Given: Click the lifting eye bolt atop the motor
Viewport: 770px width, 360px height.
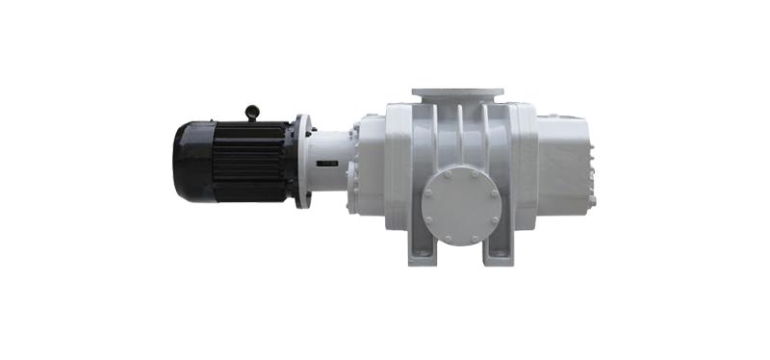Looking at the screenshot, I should tap(253, 113).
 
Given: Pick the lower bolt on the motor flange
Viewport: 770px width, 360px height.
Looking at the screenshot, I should tap(305, 199).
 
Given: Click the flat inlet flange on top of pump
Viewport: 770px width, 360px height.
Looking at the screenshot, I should tap(458, 93).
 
